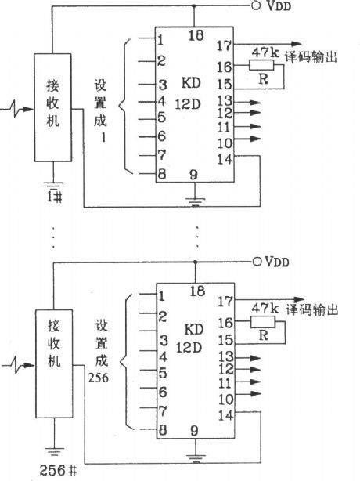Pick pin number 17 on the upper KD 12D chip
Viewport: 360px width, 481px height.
225,46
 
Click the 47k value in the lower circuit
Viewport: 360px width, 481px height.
261,309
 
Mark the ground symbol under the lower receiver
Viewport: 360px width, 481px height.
52,450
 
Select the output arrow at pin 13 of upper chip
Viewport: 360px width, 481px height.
254,101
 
